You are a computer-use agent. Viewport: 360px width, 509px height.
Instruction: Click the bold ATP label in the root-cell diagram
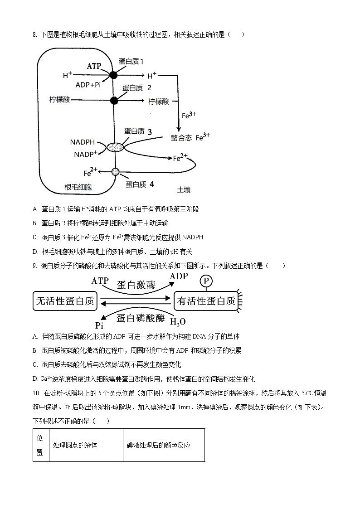(94, 66)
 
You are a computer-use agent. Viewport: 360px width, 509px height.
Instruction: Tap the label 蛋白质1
(131, 61)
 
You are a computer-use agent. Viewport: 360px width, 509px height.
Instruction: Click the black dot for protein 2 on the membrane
(114, 101)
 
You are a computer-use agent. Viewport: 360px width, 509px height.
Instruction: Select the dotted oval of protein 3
(115, 147)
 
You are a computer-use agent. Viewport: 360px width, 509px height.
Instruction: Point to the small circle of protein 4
(115, 172)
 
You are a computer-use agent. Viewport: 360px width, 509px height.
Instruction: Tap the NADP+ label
(85, 155)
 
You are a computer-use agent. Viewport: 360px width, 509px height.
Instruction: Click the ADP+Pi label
(88, 85)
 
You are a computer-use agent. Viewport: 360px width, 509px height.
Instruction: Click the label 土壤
(184, 189)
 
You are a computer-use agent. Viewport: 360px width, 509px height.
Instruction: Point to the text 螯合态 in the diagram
(181, 138)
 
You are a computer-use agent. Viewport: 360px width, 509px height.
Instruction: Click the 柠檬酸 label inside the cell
(60, 99)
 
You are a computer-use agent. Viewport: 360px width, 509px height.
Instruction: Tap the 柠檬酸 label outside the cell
(159, 102)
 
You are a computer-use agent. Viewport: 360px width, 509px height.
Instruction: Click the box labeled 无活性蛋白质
(66, 301)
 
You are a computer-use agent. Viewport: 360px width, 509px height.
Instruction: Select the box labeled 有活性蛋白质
(206, 301)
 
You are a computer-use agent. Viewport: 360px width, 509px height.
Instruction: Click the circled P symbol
(206, 281)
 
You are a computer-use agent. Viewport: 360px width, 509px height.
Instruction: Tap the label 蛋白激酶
(136, 285)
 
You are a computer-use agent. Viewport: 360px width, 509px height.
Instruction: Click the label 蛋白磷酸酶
(141, 318)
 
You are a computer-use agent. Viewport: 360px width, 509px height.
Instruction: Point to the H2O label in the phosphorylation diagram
(177, 322)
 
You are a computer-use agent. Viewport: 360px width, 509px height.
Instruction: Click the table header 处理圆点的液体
(75, 445)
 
